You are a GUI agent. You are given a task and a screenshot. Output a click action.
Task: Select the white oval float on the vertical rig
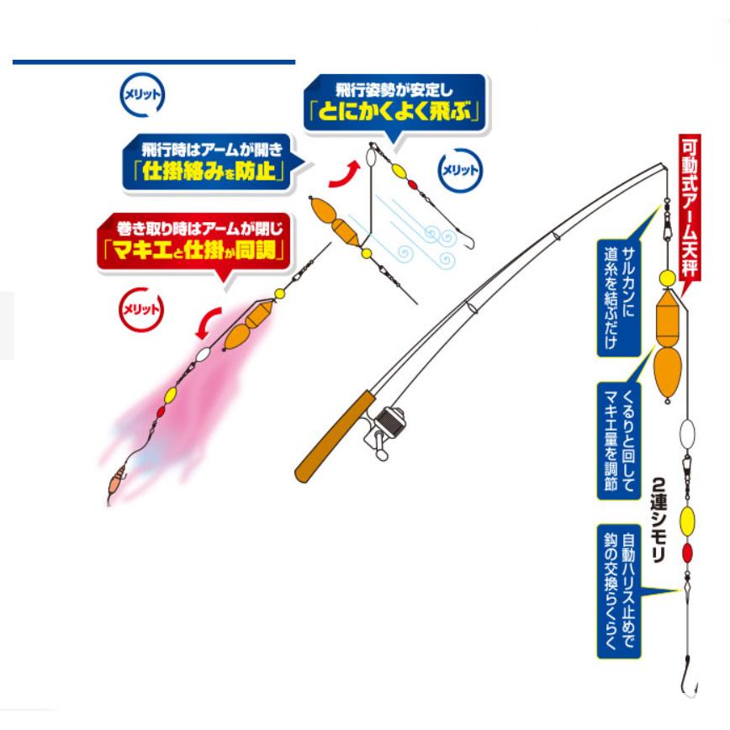686,435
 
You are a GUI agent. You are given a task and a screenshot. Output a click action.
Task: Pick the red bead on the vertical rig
686,553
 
